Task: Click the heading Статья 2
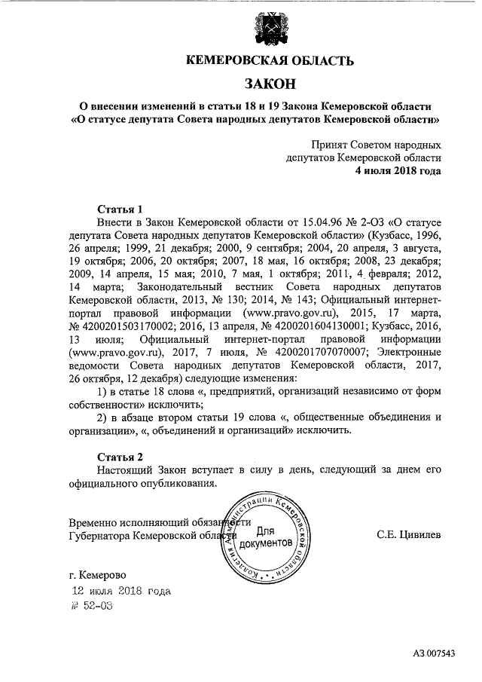(120, 457)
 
